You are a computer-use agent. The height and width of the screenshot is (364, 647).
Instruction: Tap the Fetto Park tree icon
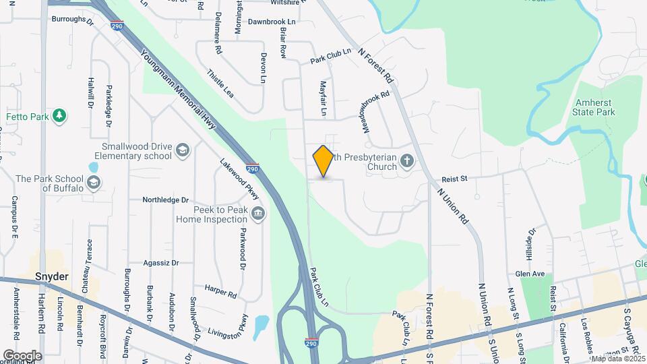pyautogui.click(x=60, y=116)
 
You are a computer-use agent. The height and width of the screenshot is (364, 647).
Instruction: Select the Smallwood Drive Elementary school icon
pyautogui.click(x=182, y=150)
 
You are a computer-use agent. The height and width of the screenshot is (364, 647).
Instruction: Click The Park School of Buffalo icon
pyautogui.click(x=93, y=183)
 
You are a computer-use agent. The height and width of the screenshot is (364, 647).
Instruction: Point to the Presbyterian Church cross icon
pyautogui.click(x=406, y=161)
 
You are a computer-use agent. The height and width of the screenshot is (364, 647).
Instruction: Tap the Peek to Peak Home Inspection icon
pyautogui.click(x=257, y=214)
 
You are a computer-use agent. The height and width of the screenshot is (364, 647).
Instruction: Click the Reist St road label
pyautogui.click(x=454, y=179)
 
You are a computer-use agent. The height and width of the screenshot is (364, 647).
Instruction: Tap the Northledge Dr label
pyautogui.click(x=166, y=200)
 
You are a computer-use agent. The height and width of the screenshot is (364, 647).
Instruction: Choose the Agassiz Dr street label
pyautogui.click(x=162, y=263)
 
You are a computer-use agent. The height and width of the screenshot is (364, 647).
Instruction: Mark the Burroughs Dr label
pyautogui.click(x=72, y=20)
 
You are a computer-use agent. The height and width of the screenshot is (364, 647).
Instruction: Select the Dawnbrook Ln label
pyautogui.click(x=272, y=22)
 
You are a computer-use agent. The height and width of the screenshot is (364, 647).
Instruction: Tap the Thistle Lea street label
pyautogui.click(x=220, y=84)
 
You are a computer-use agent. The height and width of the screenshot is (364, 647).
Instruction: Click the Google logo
pyautogui.click(x=22, y=355)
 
